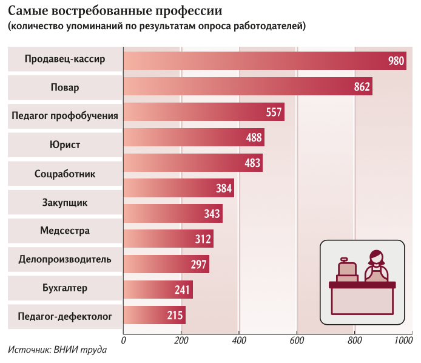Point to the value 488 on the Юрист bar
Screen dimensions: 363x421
(x=254, y=138)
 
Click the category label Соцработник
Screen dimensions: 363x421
(x=65, y=174)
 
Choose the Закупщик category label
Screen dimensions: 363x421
(x=65, y=203)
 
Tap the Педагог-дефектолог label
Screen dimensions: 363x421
(x=65, y=316)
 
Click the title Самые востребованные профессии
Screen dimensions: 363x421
(x=115, y=11)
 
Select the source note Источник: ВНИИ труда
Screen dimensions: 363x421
(x=58, y=350)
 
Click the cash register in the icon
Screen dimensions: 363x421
(x=347, y=269)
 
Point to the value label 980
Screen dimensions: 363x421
(x=396, y=61)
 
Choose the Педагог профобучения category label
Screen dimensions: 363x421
(x=65, y=115)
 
